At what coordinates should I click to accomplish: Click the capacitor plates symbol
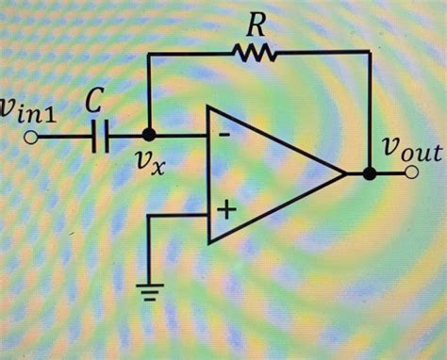101,139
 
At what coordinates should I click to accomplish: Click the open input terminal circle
33,139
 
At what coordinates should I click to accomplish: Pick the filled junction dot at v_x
148,138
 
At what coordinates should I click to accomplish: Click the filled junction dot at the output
370,175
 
